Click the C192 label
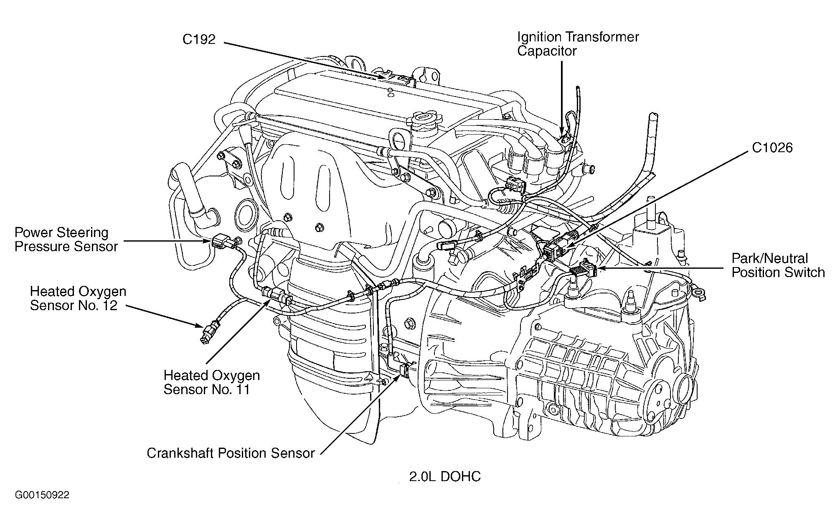coord(199,39)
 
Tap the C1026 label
coord(772,148)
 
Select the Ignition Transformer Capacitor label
coord(578,44)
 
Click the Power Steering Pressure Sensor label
coord(66,240)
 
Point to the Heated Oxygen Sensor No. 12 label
coord(78,298)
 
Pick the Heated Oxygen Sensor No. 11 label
coord(211,382)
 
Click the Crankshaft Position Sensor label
coord(231,453)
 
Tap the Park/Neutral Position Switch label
coord(778,265)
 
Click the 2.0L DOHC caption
coord(445,476)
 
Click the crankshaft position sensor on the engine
coord(405,369)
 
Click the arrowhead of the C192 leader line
coord(383,77)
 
